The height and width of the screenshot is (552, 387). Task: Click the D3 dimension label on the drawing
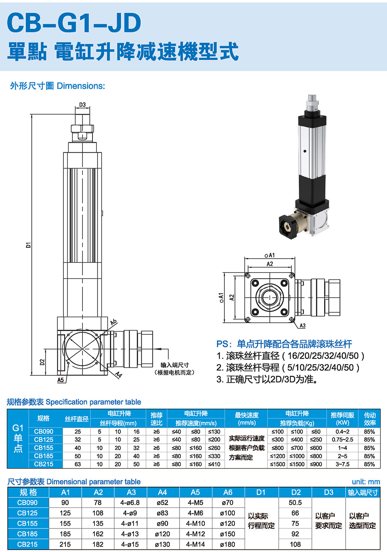pyautogui.click(x=82, y=104)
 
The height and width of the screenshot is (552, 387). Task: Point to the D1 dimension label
pyautogui.click(x=29, y=245)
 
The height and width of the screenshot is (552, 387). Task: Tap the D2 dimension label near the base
pyautogui.click(x=43, y=362)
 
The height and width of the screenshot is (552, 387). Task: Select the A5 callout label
pyautogui.click(x=60, y=380)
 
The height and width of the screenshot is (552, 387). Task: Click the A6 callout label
pyautogui.click(x=113, y=322)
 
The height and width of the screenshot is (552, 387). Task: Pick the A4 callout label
pyautogui.click(x=119, y=375)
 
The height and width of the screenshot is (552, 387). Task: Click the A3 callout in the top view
pyautogui.click(x=302, y=326)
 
